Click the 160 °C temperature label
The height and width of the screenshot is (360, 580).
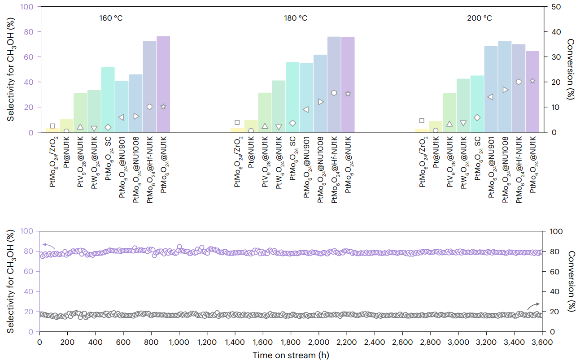tap(111, 18)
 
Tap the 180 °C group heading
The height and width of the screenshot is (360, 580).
tap(296, 18)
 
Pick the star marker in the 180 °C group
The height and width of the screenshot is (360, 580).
tap(348, 94)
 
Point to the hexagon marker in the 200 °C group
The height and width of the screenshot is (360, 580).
tap(519, 82)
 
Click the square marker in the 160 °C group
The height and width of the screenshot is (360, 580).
tap(52, 126)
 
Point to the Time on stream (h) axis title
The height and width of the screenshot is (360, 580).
tap(291, 355)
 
